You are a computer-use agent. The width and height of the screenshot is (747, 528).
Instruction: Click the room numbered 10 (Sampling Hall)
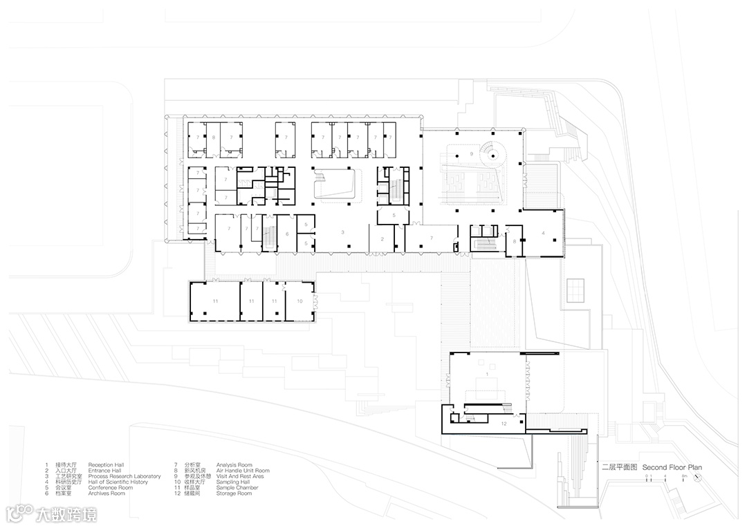[x=299, y=302]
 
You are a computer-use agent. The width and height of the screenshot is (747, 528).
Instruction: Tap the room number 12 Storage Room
[x=504, y=423]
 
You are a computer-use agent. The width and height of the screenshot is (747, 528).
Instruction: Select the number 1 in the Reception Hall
[x=487, y=374]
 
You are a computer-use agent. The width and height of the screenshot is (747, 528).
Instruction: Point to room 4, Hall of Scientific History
[x=543, y=234]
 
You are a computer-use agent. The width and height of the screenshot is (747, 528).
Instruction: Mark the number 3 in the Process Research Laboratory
[x=342, y=233]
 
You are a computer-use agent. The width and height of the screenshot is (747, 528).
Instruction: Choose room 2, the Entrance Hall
[x=381, y=239]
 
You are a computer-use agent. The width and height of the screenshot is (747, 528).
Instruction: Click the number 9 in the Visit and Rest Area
[x=471, y=153]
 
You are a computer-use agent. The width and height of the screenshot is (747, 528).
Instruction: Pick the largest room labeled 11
[x=215, y=302]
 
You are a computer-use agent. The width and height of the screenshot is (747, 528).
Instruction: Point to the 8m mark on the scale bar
[x=683, y=477]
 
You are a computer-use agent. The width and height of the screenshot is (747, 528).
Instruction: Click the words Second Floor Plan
[x=672, y=468]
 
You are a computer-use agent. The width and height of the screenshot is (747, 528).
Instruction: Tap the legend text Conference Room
[x=110, y=488]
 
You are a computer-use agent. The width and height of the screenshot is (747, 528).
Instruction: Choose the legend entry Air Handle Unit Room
[x=243, y=471]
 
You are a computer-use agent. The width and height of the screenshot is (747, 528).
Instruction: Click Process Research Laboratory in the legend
[x=124, y=476]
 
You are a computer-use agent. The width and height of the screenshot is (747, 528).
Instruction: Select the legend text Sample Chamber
[x=237, y=488]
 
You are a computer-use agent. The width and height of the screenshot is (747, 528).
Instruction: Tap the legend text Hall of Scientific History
[x=118, y=482]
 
